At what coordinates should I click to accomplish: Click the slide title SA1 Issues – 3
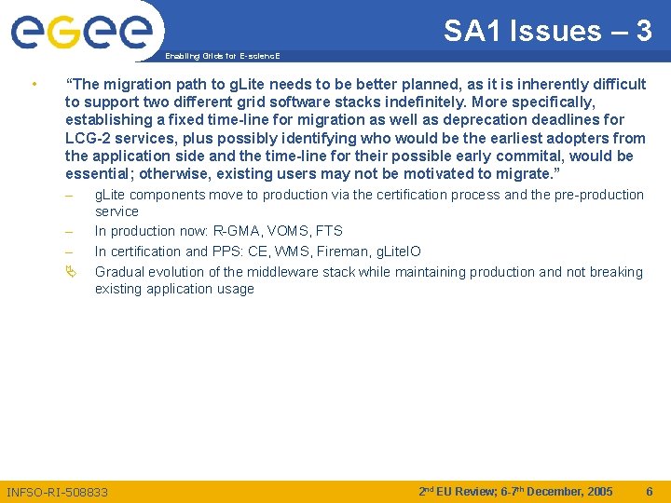(x=547, y=31)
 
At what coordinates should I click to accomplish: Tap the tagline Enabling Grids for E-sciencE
(x=222, y=56)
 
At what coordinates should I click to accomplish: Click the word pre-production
(x=600, y=195)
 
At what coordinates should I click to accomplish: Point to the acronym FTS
(x=329, y=231)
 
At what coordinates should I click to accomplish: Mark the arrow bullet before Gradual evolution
(x=71, y=272)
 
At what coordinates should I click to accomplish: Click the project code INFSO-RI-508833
(x=57, y=492)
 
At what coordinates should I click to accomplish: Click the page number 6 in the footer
(x=650, y=491)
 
